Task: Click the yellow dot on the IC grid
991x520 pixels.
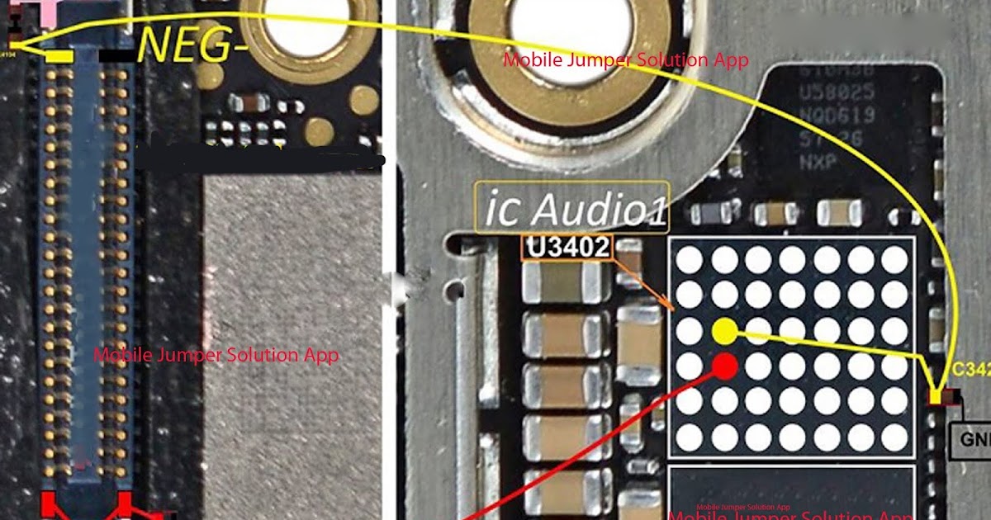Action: click(x=724, y=331)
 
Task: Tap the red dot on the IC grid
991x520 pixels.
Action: click(x=724, y=366)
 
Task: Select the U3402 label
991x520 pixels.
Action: click(x=567, y=247)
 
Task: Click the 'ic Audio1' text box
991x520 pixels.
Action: click(x=571, y=206)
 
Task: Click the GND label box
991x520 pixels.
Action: click(x=971, y=439)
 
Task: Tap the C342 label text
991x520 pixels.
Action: click(x=971, y=371)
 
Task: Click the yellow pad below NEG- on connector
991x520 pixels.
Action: click(x=59, y=56)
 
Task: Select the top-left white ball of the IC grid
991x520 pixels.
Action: click(x=690, y=260)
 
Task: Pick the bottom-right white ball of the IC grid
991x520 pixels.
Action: click(x=894, y=434)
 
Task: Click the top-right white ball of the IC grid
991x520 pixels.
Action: click(x=894, y=260)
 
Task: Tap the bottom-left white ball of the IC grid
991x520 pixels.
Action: click(x=690, y=434)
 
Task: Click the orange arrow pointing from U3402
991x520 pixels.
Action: click(x=644, y=286)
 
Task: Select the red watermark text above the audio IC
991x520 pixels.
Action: click(x=626, y=60)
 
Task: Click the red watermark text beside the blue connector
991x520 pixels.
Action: click(x=216, y=355)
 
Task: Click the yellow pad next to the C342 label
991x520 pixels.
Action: click(x=936, y=397)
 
